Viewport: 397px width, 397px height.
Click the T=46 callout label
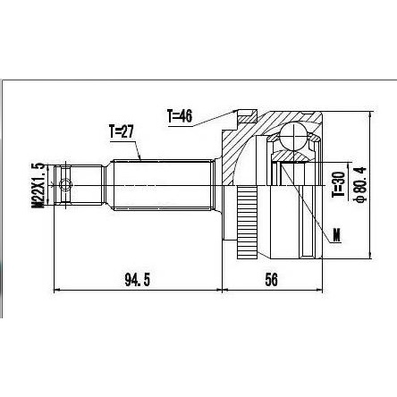coord(180,116)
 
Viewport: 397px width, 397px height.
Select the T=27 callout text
coord(122,131)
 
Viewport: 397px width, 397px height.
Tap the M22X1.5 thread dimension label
coord(38,185)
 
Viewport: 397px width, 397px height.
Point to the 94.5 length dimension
coord(137,280)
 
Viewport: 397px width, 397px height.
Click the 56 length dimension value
coord(271,280)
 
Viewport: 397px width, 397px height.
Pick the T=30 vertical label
coord(339,185)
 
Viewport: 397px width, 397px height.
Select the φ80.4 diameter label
coord(360,185)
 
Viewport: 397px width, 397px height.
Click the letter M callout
coord(336,235)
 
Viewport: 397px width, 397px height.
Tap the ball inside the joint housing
coord(293,135)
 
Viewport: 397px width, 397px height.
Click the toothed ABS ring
coord(247,222)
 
